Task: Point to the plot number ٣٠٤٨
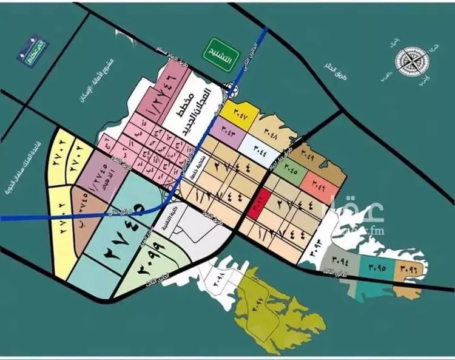271,131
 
